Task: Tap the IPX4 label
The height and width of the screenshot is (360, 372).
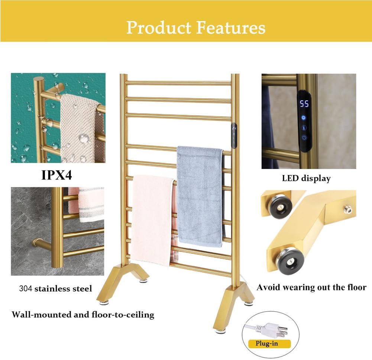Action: [x=56, y=175]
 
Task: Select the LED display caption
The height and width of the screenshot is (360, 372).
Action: [x=306, y=179]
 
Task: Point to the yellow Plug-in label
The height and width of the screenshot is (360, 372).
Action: [x=266, y=343]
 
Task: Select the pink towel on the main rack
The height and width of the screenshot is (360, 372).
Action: [x=152, y=219]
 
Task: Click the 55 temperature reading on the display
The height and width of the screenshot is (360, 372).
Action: [x=304, y=104]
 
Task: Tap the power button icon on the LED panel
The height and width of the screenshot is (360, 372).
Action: [x=304, y=137]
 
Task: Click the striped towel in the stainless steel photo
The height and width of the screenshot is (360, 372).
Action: [x=90, y=204]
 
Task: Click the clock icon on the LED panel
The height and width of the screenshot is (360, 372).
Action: [x=304, y=117]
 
